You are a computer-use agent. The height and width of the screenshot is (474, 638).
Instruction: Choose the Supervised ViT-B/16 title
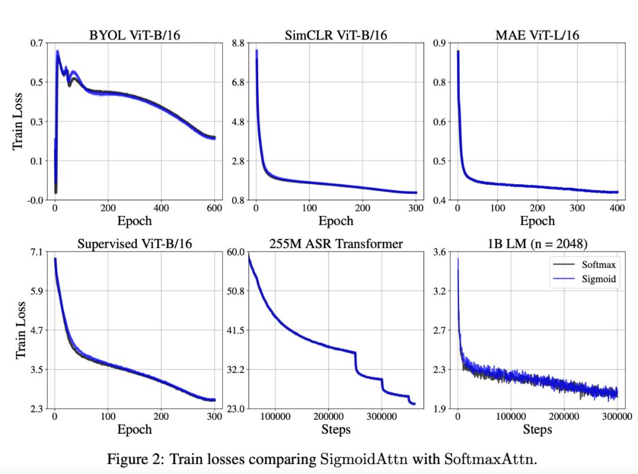tap(134, 244)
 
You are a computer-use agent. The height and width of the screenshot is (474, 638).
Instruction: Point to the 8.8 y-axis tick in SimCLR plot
tap(236, 43)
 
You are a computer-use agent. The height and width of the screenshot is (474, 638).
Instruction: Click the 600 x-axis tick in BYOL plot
tap(214, 208)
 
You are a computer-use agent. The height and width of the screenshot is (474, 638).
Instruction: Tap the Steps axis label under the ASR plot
tap(336, 430)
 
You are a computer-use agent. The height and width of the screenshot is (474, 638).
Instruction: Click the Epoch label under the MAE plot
tap(538, 221)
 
